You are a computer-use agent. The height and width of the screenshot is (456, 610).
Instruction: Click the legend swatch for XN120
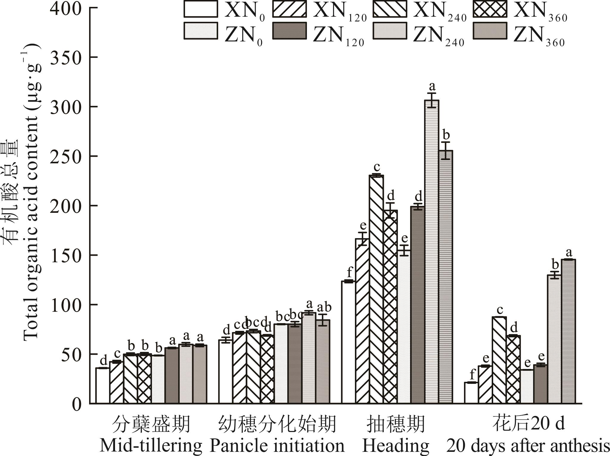coord(289,9)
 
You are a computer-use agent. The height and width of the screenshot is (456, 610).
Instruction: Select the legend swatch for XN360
coord(490,9)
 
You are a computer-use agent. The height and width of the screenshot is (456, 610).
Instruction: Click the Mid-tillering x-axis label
coord(151,446)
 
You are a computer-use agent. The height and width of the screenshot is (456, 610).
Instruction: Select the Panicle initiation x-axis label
coord(277,446)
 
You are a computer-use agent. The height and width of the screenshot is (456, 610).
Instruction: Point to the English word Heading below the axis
coord(396,446)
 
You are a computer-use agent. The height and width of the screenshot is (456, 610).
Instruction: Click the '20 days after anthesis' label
coord(528,446)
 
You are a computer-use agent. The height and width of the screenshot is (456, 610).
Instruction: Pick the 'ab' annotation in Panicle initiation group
coord(324,307)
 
